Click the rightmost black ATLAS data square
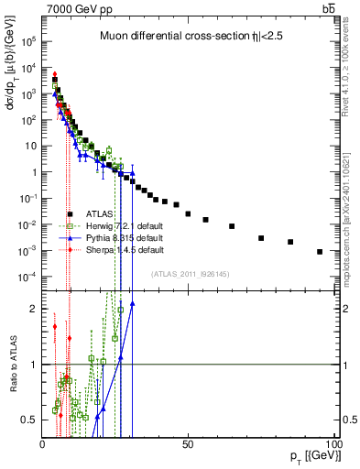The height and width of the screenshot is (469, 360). pos(320,252)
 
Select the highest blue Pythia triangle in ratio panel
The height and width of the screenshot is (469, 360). pos(132,304)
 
